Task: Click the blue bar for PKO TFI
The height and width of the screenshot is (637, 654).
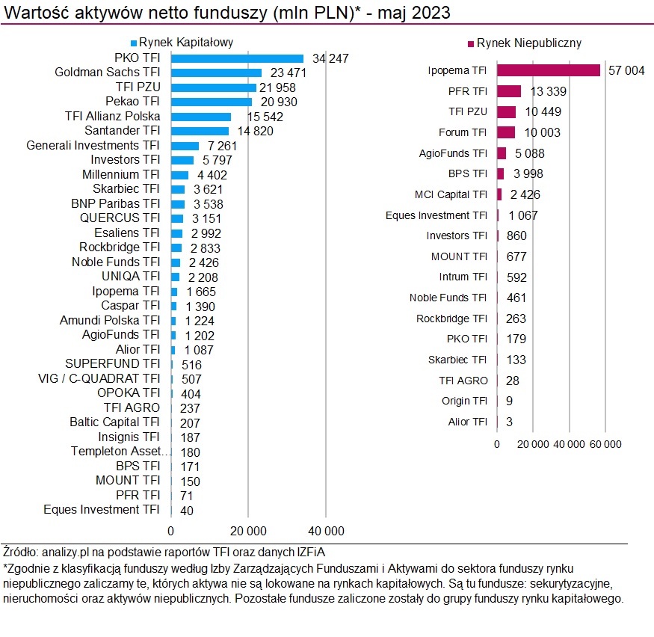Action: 237,58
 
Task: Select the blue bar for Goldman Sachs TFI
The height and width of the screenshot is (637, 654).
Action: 216,73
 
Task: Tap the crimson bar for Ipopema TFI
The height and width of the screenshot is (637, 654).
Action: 549,70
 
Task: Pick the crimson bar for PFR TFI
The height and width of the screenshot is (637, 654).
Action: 509,91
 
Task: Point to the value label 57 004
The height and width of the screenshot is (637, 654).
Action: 626,70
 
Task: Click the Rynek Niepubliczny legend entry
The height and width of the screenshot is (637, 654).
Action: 523,43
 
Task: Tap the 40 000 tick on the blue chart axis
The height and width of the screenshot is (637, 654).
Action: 326,531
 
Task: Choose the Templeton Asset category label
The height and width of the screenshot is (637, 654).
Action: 121,452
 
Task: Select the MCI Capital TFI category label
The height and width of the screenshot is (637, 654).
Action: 451,194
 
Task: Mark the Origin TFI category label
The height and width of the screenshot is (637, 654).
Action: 464,401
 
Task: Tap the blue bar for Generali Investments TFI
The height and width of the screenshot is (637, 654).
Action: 185,145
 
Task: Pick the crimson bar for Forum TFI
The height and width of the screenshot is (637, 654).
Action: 506,132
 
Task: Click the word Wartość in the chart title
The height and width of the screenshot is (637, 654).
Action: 32,13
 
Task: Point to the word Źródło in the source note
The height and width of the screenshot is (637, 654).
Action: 19,553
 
